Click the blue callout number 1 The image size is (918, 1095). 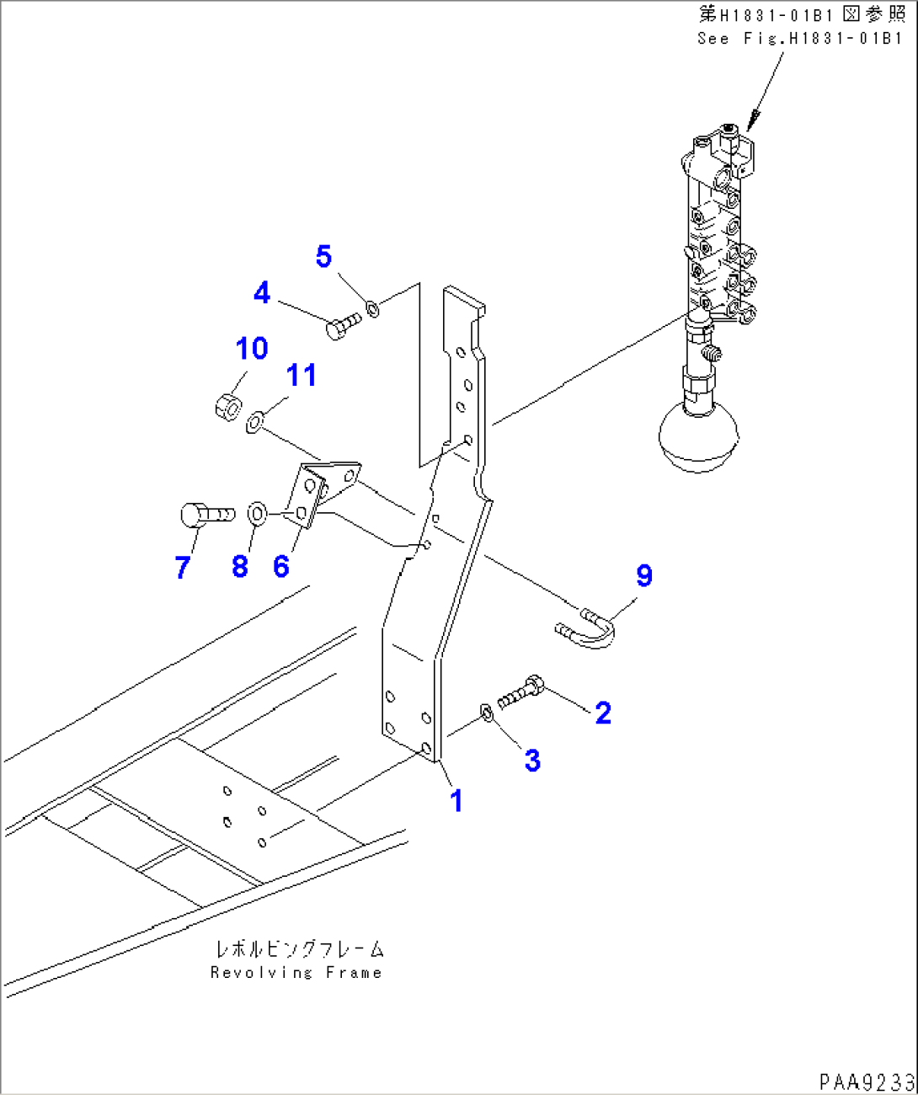[456, 802]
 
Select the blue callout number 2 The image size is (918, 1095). [603, 713]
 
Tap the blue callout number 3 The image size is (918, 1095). [532, 760]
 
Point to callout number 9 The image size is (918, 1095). [643, 575]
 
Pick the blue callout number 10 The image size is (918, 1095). [252, 348]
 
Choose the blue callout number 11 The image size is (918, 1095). [302, 375]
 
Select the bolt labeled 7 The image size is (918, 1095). [207, 515]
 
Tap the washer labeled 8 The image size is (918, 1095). [257, 515]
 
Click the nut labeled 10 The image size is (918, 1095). [228, 407]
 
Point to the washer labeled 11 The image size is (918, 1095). [255, 422]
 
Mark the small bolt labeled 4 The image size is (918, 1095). [344, 325]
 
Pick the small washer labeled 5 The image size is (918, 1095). [372, 308]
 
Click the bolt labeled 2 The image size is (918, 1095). [520, 692]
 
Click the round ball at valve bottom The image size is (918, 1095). [698, 438]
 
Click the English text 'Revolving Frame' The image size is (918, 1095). [296, 973]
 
